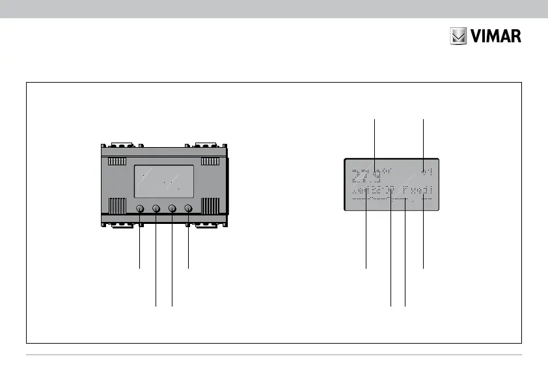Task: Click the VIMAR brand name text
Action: [x=497, y=36]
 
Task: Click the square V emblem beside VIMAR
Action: [x=459, y=36]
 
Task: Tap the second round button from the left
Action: [x=156, y=208]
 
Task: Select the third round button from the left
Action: [x=172, y=208]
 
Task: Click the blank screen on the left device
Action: [x=163, y=181]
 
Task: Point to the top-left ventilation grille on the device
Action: [x=117, y=161]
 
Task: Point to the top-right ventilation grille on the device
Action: [x=210, y=161]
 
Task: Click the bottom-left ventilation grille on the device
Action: [x=117, y=206]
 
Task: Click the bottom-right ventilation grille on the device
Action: [x=210, y=206]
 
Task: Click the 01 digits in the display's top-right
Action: [x=427, y=171]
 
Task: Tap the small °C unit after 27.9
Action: [x=388, y=172]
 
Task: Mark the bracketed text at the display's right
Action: [x=417, y=191]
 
